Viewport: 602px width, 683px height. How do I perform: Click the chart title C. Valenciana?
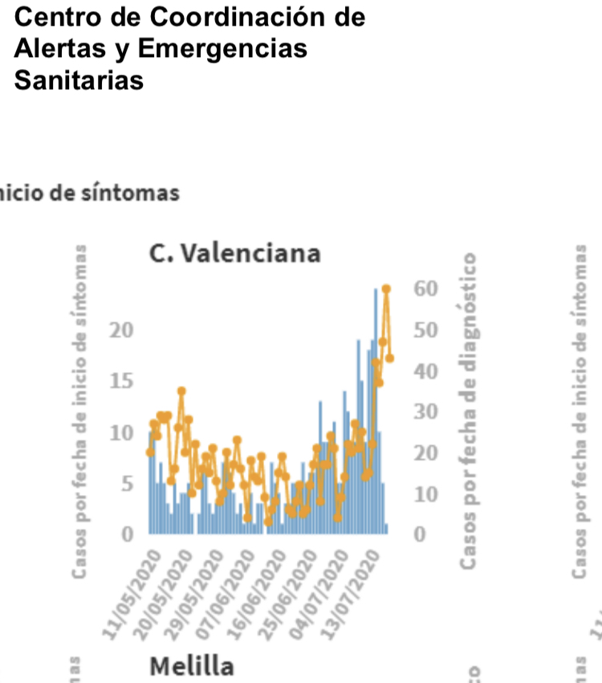click(234, 253)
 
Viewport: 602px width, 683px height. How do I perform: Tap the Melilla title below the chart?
click(193, 666)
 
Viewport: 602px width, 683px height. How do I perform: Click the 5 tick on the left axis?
click(126, 484)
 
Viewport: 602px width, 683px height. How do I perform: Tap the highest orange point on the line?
click(386, 288)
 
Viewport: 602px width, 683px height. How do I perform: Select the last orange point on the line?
click(390, 358)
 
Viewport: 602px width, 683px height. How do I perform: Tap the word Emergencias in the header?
click(222, 48)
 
